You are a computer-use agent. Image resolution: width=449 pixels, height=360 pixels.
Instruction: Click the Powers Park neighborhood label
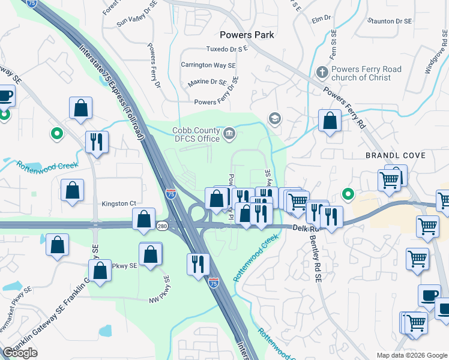pos(247,35)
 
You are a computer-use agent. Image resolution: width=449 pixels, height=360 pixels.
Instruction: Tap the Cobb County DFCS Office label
pos(196,134)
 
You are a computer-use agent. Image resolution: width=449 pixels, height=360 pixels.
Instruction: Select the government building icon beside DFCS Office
pos(229,133)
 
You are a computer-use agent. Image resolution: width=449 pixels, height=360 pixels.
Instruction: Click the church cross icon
pos(322,73)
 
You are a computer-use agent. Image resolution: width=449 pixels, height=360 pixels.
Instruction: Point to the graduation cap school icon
pos(275,118)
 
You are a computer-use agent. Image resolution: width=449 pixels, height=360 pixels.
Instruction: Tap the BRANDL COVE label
pos(396,155)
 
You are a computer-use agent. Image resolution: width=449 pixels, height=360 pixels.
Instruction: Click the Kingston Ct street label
pos(119,203)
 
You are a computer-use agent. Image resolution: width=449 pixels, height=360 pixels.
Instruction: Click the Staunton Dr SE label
pos(390,21)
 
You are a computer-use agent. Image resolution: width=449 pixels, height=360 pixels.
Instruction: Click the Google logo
pos(20,353)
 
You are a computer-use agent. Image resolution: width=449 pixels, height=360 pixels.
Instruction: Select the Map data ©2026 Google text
pos(411,355)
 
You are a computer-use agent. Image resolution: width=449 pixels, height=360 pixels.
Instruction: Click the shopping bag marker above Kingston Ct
pos(72,190)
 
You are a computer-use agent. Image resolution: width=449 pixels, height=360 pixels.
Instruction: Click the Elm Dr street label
pos(322,19)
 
